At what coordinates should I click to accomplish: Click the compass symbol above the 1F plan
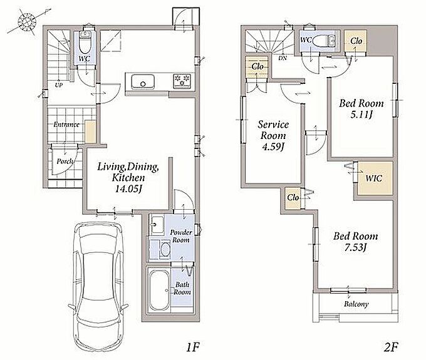click(x=28, y=21)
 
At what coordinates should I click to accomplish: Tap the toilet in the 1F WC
click(x=85, y=43)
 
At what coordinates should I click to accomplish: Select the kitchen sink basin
click(x=143, y=81)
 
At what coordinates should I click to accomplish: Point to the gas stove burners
click(x=182, y=81)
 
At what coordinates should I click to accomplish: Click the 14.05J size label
click(x=128, y=188)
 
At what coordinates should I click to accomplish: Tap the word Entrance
click(x=66, y=125)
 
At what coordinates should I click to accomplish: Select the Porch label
click(x=65, y=162)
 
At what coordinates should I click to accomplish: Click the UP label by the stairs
click(x=59, y=85)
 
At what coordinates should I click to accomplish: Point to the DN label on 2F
click(x=283, y=58)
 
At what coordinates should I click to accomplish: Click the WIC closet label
click(x=374, y=178)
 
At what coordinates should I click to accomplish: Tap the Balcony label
click(x=356, y=304)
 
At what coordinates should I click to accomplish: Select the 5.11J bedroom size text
click(x=361, y=115)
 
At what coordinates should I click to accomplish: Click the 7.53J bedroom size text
click(x=356, y=247)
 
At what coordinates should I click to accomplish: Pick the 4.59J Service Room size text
click(x=273, y=147)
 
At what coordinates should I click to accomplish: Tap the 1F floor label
click(x=193, y=347)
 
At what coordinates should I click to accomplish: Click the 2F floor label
click(x=391, y=347)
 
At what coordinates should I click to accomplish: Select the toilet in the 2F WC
click(x=320, y=41)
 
